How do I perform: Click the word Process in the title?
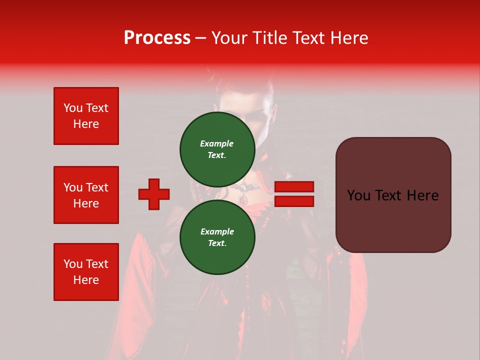(x=157, y=38)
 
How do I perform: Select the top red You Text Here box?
(x=86, y=116)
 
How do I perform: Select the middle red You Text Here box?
(x=86, y=195)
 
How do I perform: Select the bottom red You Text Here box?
(x=86, y=272)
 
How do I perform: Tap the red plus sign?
(x=154, y=194)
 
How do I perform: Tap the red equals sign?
(x=294, y=194)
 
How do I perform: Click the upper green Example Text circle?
(x=217, y=149)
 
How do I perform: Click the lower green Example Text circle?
(x=217, y=237)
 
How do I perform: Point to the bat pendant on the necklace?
(x=244, y=188)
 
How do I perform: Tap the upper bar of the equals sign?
(x=294, y=186)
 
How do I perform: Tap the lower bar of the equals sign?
(x=294, y=201)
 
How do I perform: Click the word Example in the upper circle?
(x=217, y=143)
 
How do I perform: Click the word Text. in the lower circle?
(x=217, y=243)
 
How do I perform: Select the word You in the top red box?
(x=72, y=108)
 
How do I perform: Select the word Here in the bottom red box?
(x=86, y=280)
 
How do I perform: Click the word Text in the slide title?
(x=308, y=38)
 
